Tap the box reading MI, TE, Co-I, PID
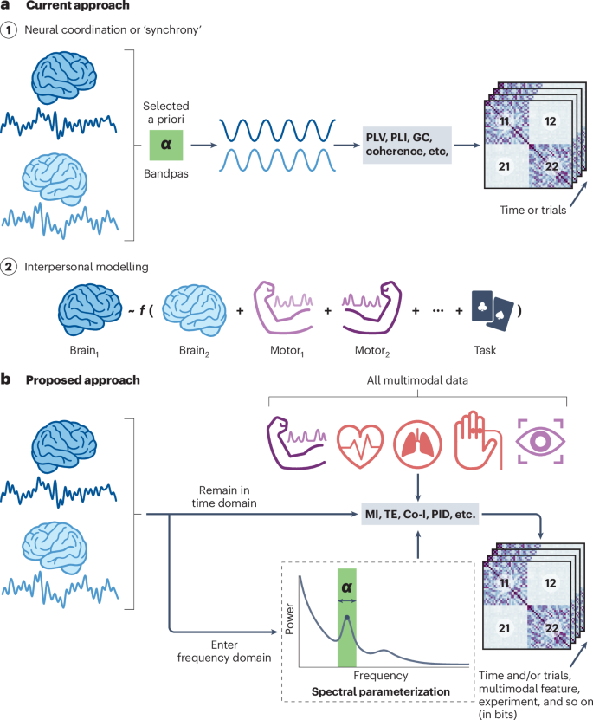pyautogui.click(x=419, y=515)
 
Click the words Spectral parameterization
pyautogui.click(x=381, y=691)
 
